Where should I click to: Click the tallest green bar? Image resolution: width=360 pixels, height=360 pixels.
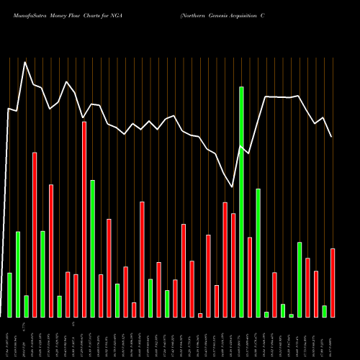241,202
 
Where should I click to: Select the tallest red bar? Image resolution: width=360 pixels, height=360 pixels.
84,220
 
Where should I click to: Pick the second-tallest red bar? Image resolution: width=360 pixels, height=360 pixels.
35,235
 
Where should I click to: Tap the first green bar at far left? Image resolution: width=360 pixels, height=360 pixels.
9,295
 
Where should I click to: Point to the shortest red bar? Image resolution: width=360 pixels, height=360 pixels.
200,315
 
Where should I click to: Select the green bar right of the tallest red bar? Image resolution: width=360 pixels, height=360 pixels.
93,248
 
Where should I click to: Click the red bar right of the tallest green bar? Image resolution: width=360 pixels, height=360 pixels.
250,277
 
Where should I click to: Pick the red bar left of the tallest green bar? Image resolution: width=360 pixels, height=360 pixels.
233,265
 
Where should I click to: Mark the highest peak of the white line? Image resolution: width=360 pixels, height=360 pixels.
25,62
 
